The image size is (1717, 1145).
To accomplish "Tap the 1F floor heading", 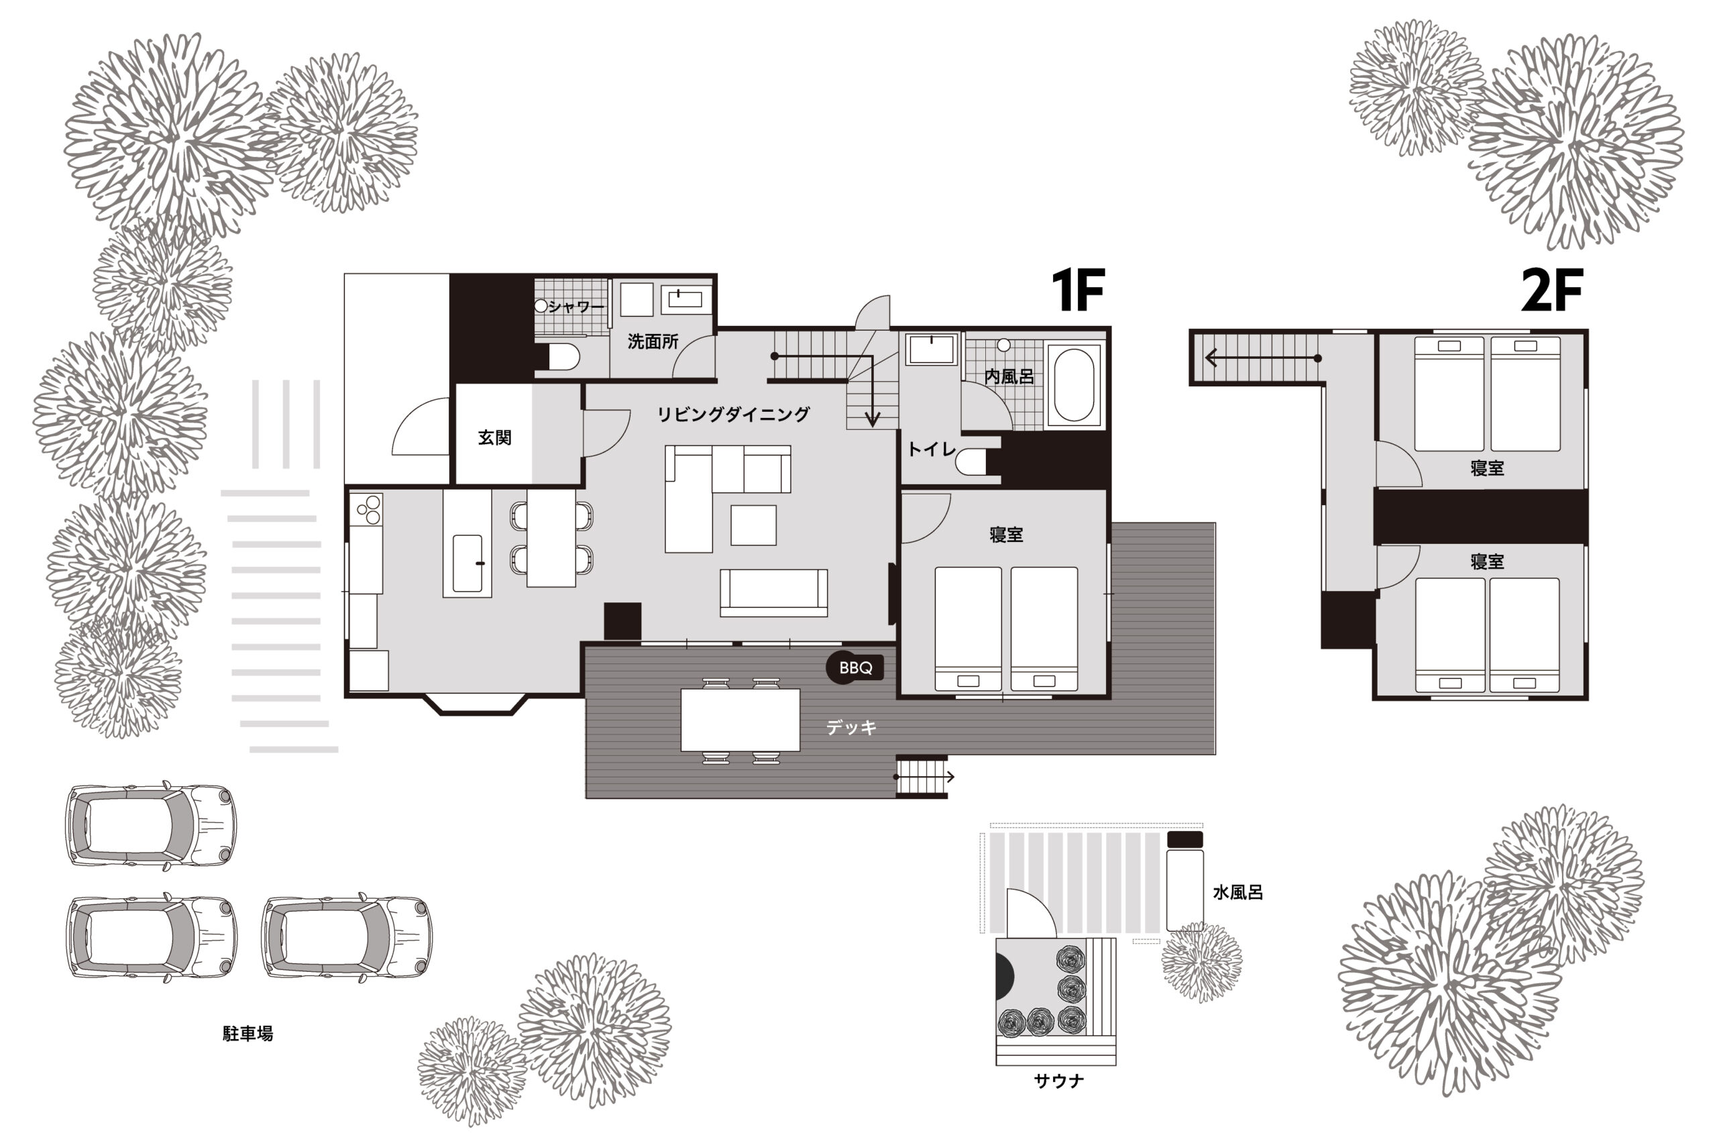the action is tap(1078, 290).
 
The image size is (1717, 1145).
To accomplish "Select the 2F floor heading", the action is tap(1552, 290).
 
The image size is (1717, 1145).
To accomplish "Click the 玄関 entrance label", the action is tap(494, 437).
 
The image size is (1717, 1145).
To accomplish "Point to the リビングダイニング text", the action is tap(733, 414).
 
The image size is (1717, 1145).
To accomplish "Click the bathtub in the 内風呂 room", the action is tap(1073, 384).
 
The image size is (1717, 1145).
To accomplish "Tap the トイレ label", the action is tap(932, 449).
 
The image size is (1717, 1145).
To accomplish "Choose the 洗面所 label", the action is tap(653, 341).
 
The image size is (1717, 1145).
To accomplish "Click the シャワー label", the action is tap(577, 307).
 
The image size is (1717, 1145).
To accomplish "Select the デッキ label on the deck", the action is tap(851, 727).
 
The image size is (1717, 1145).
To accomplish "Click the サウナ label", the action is tap(1058, 1081).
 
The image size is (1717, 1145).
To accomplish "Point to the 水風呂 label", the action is tap(1237, 891).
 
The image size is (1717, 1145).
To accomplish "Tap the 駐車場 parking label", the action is tap(247, 1033).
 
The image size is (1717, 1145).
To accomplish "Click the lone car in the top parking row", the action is tap(151, 826).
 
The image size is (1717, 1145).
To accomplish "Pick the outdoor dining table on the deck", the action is tap(740, 720).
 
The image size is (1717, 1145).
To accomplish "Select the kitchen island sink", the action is tap(467, 563).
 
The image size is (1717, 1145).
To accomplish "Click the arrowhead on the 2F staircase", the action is tap(1211, 358).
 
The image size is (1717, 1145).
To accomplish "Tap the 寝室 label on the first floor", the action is tap(1006, 535).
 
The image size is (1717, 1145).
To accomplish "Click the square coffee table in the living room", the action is tap(753, 525).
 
